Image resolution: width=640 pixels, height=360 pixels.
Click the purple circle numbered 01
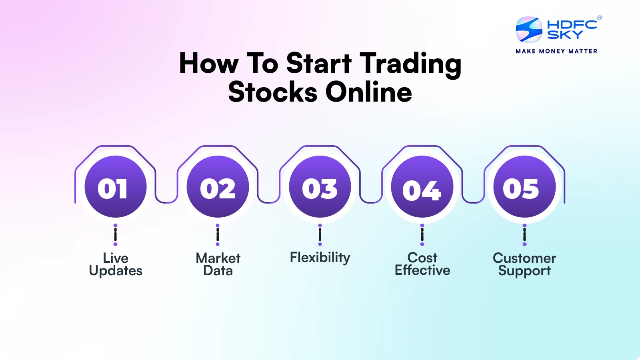(116, 186)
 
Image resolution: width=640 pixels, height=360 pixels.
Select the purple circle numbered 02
(218, 186)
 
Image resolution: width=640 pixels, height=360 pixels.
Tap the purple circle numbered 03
(320, 186)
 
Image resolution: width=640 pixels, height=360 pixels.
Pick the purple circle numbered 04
(422, 186)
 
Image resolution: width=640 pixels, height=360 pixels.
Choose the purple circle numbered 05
(524, 186)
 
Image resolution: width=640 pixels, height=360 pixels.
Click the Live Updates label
(116, 264)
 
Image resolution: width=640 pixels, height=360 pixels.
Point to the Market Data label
(218, 264)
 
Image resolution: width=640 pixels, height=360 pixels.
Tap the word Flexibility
(320, 258)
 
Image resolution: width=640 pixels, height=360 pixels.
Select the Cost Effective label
(422, 264)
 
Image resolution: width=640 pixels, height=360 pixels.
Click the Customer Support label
(524, 264)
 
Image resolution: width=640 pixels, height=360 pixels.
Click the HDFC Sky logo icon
(529, 30)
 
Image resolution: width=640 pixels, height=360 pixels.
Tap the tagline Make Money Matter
(556, 51)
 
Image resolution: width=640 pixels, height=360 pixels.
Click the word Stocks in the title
(272, 92)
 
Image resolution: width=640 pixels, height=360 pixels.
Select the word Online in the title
(368, 91)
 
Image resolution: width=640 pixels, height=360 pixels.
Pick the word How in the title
(209, 63)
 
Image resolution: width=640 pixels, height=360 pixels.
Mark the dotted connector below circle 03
(320, 235)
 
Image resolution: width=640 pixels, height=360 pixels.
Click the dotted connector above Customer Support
(524, 235)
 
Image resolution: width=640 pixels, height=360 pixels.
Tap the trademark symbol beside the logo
(600, 18)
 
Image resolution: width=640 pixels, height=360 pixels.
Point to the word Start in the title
(319, 63)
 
